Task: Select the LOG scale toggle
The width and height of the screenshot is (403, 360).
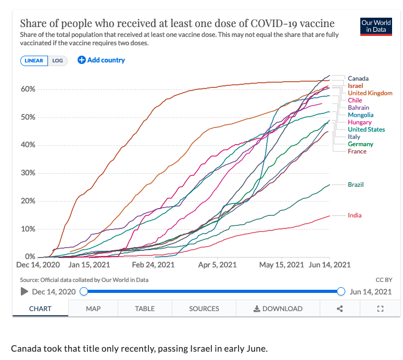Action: (57, 60)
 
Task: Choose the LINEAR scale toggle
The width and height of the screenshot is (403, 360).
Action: (34, 60)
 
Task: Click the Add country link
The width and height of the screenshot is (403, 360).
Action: (102, 60)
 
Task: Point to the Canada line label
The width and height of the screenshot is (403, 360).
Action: (358, 79)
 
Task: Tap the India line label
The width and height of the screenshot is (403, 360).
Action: (355, 215)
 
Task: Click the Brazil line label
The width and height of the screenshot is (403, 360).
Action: (356, 185)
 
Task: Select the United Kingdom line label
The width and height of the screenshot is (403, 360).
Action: (370, 93)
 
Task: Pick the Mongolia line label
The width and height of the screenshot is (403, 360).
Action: (361, 115)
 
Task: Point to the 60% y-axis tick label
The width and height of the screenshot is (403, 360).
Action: (28, 89)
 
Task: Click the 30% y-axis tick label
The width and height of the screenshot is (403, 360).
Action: (28, 173)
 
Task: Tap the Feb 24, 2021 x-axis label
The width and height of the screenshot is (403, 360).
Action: (153, 265)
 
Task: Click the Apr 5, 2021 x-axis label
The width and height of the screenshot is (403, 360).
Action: (217, 265)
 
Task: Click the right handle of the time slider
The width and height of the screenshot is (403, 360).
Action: (342, 291)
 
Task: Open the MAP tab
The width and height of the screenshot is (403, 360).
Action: (93, 308)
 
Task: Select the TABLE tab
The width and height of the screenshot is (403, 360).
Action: (145, 308)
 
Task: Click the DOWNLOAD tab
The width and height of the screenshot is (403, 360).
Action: (278, 308)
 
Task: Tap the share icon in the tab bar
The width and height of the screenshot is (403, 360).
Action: (340, 308)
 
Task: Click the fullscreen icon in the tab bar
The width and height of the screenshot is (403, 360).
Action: (380, 308)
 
